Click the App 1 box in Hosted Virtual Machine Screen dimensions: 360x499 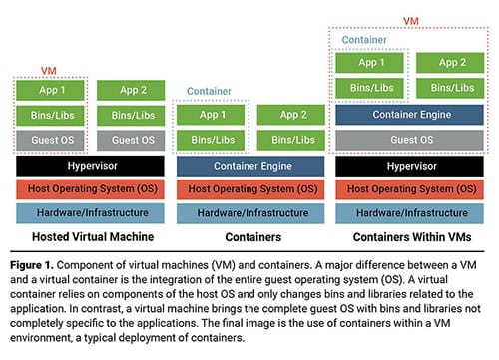[x=49, y=90]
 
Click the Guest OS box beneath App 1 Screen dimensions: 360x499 [x=49, y=140]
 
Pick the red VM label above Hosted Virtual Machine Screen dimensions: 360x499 [x=49, y=70]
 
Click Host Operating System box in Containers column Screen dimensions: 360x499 [x=249, y=188]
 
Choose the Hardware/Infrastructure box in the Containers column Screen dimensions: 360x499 [x=249, y=212]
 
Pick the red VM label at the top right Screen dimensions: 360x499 [x=410, y=20]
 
